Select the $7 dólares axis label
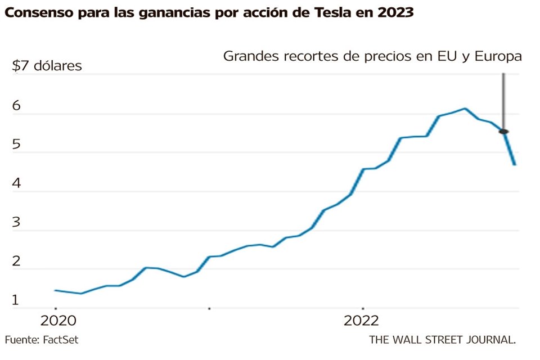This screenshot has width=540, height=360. tap(47, 66)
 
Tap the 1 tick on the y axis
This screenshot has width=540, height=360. tap(16, 300)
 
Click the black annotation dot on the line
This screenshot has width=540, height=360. tap(503, 132)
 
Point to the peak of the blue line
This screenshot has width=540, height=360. tap(465, 109)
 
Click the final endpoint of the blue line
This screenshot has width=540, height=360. tap(515, 164)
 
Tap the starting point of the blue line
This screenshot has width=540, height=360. tap(55, 290)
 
